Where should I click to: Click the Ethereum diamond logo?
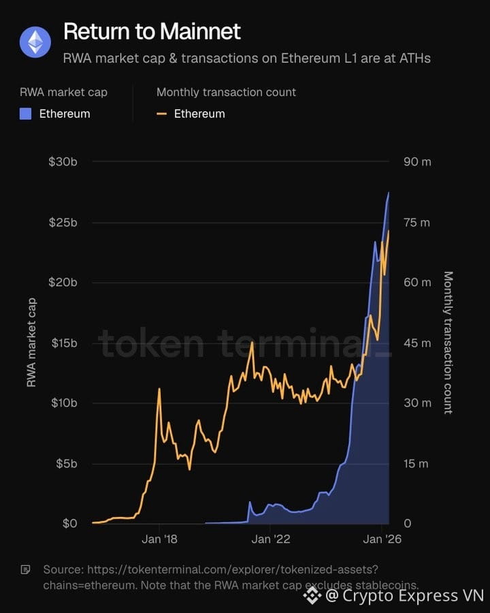35,42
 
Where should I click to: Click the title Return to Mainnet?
152,31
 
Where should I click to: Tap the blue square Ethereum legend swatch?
25,114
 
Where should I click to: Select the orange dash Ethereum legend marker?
161,114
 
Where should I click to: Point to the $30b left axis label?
63,162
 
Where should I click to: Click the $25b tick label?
63,223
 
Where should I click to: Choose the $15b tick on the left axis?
64,343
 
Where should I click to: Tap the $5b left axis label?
67,464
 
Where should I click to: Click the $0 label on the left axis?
70,524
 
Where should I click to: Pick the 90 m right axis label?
417,162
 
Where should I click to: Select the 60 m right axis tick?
417,282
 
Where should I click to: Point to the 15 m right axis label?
416,464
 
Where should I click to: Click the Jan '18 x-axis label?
159,539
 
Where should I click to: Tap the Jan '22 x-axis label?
271,539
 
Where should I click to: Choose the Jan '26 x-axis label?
382,539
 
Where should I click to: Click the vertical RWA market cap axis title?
31,343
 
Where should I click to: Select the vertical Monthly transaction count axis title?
448,343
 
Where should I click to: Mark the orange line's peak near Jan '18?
159,389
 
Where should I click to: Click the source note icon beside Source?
25,569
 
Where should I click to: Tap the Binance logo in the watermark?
312,595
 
